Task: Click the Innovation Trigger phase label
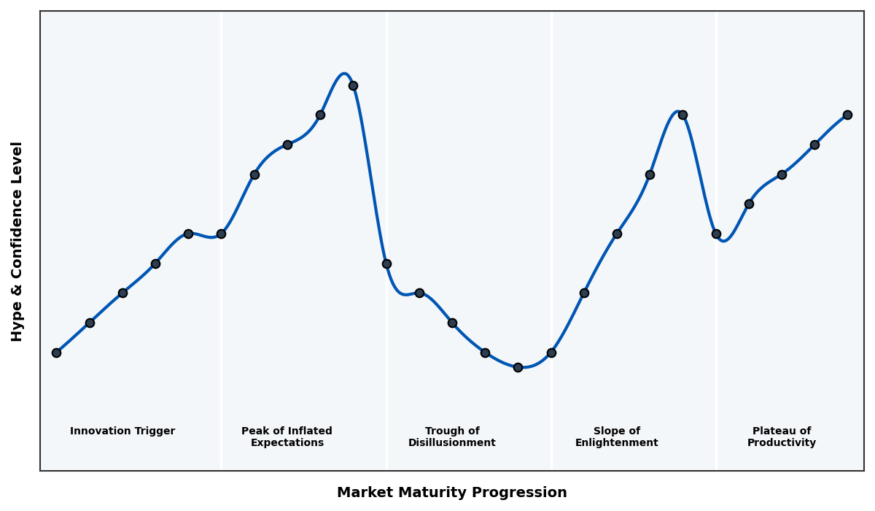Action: coord(122,431)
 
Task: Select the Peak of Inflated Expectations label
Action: coord(287,437)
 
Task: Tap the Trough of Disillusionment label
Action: coord(452,437)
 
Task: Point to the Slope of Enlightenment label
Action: coord(616,437)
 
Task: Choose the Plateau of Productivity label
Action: coord(782,437)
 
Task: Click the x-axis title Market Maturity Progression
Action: coord(451,493)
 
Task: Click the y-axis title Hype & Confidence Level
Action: coord(17,241)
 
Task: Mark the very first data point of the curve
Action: coord(56,353)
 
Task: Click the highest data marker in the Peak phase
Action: coord(353,85)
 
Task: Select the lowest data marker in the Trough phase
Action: coord(518,367)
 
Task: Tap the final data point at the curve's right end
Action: coord(847,115)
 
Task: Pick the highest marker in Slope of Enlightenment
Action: coord(682,115)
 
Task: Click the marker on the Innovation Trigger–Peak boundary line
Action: coord(221,234)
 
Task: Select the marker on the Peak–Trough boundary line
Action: coord(386,264)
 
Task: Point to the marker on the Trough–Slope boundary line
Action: coord(551,353)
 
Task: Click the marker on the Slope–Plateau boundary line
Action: coord(716,234)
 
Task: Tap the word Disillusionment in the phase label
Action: coord(452,443)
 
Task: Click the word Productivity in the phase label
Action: coord(782,443)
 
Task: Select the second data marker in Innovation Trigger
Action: coord(90,323)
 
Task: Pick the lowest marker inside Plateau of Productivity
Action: coord(749,204)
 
